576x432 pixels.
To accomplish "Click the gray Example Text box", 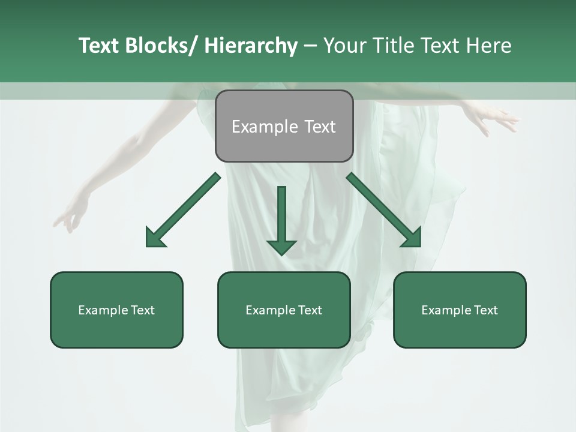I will pos(284,126).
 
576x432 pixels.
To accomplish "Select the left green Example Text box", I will pos(116,310).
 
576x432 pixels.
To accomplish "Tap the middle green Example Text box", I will pos(284,310).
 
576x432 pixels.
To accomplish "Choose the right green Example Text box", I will pos(460,310).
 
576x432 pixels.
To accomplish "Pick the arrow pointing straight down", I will pos(281,219).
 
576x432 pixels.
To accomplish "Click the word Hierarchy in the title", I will pos(250,46).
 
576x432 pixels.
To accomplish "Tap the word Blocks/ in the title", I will pos(161,46).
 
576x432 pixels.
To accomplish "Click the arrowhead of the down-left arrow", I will pos(155,238).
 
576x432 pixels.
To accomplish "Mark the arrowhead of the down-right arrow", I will pos(412,238).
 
